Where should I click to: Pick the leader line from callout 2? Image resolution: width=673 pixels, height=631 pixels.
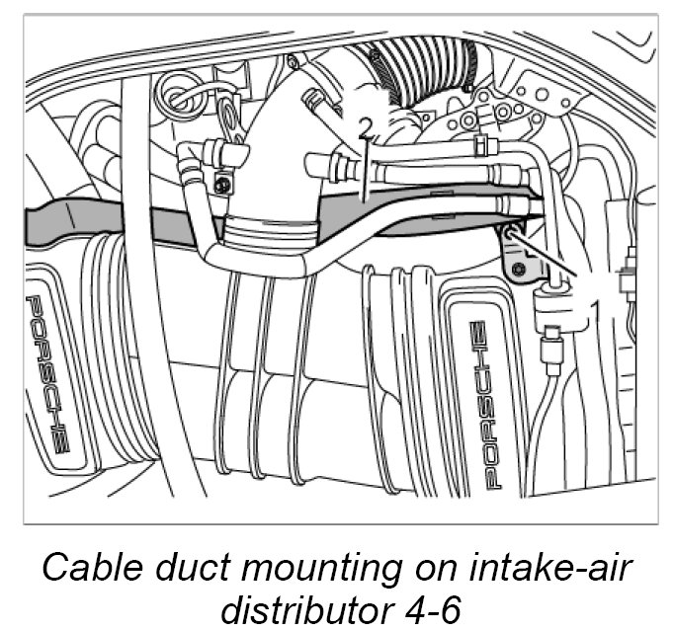click(x=365, y=168)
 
